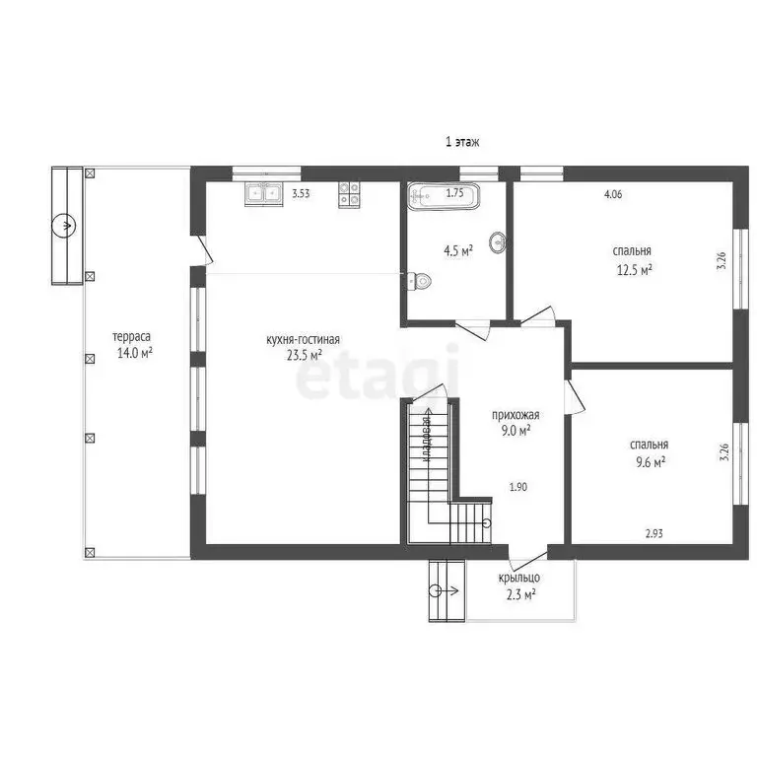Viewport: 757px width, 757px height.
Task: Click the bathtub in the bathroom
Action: pos(444,195)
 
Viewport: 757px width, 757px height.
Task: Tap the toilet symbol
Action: pos(419,281)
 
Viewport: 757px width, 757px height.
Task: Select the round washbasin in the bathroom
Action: pos(498,241)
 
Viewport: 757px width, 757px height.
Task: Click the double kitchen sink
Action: pos(263,194)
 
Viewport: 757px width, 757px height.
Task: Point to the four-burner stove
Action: pos(349,194)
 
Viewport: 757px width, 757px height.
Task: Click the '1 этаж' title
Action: pos(462,142)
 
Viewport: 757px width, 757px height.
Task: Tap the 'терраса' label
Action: pos(131,336)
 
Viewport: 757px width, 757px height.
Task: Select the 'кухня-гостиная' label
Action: pos(304,339)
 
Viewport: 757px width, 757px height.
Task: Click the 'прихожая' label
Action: pos(516,415)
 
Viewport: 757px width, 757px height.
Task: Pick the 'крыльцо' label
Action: pos(519,578)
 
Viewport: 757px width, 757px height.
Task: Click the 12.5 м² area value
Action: pos(635,269)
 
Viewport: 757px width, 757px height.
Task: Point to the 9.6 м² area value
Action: pos(651,462)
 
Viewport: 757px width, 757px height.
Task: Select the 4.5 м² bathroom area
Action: pos(458,251)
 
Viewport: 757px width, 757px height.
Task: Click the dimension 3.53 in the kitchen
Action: pos(301,194)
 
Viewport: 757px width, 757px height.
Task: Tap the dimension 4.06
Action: pos(613,194)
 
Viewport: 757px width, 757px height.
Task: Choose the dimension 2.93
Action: pos(654,533)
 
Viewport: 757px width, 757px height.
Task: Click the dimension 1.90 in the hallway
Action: pos(518,487)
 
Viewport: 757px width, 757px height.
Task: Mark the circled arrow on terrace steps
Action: pos(64,226)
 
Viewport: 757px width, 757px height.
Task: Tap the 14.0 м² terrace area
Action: pos(135,353)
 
